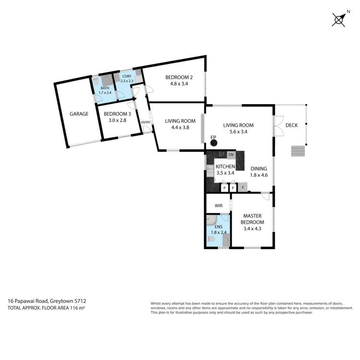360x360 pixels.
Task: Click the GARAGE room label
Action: [79, 114]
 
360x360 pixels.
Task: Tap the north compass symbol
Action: [339, 20]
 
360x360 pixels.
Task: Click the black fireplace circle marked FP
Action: [214, 143]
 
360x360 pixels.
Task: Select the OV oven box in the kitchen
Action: [231, 155]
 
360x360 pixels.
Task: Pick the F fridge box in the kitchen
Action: [243, 187]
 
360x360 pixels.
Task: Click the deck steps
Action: [298, 151]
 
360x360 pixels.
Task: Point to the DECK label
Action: [291, 125]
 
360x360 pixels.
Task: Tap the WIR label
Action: [218, 206]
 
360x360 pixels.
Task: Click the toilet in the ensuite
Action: [211, 239]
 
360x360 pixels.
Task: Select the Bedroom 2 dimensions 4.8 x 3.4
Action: [179, 84]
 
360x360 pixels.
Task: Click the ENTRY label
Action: [146, 122]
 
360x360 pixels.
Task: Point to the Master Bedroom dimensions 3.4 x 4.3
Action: [252, 228]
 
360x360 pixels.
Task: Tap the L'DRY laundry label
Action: [127, 76]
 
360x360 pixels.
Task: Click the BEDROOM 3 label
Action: [117, 114]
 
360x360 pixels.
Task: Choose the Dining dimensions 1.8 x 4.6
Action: [259, 175]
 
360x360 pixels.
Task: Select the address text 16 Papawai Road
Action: [28, 301]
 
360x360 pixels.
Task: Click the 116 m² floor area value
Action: [77, 308]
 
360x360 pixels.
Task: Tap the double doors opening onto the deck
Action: [278, 126]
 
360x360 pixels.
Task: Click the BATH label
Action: [105, 88]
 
